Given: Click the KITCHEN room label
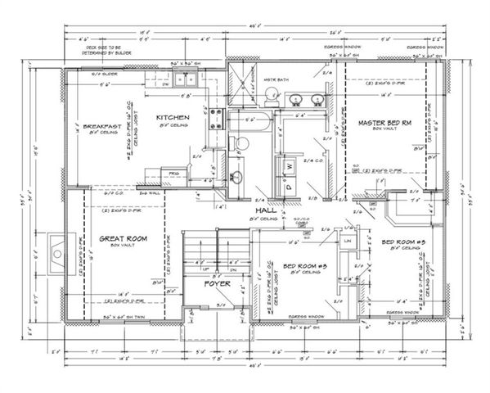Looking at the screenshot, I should (173, 118).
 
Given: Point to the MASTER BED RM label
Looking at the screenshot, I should (383, 123).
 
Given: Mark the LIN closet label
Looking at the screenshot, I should (348, 241).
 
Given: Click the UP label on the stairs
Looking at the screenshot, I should (208, 268).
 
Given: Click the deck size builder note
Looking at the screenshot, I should (106, 52).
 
